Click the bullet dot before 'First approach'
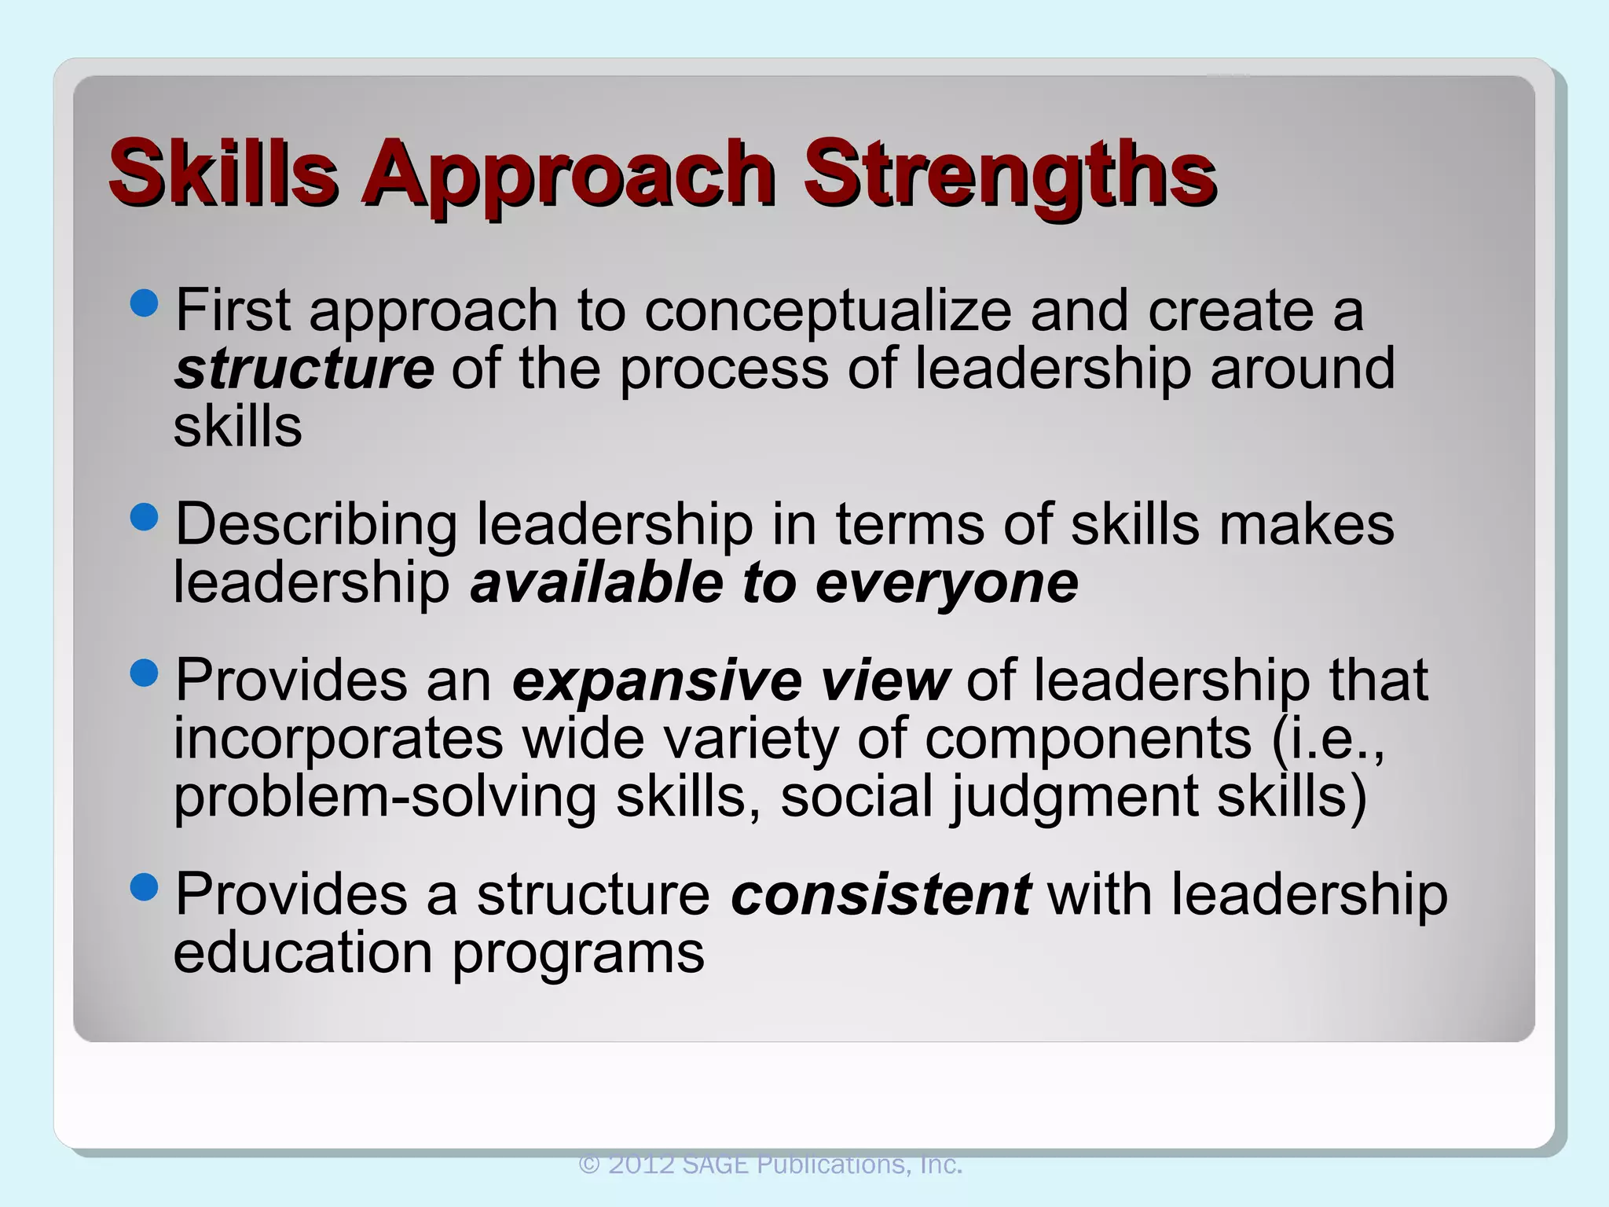click(145, 303)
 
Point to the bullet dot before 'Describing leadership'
click(145, 517)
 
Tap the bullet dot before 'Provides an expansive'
click(145, 673)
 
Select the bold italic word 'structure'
click(304, 369)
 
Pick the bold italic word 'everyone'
click(947, 583)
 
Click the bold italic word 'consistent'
click(880, 895)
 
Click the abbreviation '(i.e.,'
click(1328, 739)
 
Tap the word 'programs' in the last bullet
click(578, 953)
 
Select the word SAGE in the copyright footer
click(715, 1164)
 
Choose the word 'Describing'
click(316, 526)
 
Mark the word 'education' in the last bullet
click(303, 953)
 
